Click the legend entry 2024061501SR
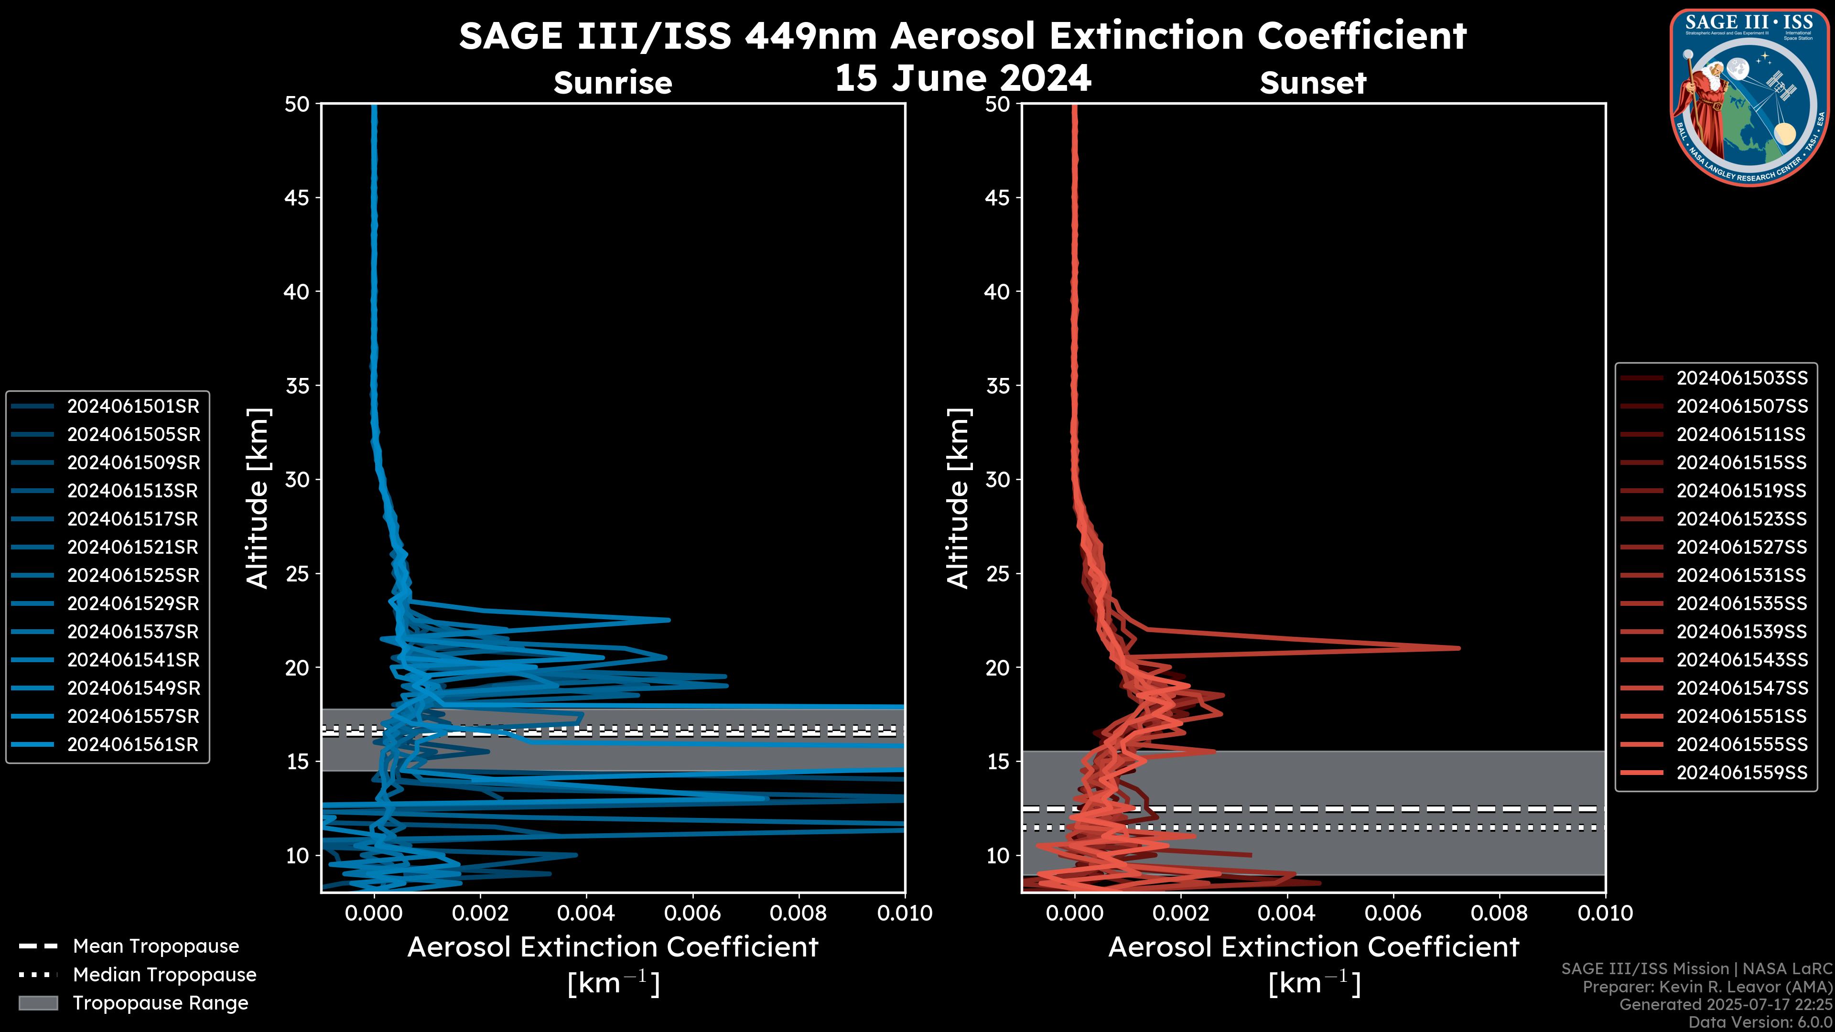coord(133,406)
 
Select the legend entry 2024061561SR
coord(133,744)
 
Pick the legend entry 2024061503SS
coord(1742,377)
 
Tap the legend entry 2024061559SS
coord(1742,773)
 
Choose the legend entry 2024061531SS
coord(1742,575)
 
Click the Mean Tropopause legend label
coord(156,946)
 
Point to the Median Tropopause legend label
coord(164,974)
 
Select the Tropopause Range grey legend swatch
coord(38,1003)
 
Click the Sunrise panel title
coord(613,83)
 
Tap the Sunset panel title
coord(1313,83)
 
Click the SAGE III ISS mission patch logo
coord(1749,97)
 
